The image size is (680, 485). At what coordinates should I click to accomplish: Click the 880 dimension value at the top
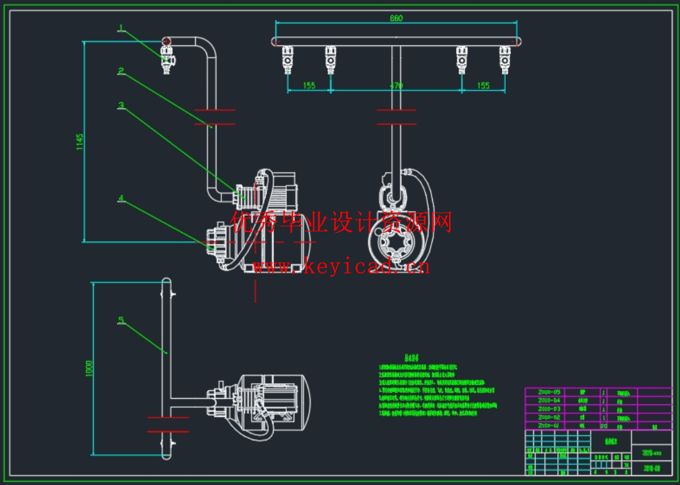coord(396,18)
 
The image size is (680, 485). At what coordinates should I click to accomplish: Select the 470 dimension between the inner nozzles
coord(396,86)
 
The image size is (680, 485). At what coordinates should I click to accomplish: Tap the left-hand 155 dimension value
coord(309,86)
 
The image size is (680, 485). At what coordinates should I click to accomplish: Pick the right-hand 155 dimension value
coord(483,86)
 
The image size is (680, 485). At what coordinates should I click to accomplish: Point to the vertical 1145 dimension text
coord(79,142)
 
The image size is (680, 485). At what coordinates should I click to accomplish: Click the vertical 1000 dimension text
coord(89,368)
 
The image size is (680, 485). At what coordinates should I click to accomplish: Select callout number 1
coord(121,28)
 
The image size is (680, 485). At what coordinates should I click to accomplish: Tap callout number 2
coord(121,71)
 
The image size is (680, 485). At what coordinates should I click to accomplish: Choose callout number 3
coord(121,106)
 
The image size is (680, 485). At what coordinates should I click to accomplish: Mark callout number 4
coord(121,198)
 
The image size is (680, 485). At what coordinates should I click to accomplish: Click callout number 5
coord(121,320)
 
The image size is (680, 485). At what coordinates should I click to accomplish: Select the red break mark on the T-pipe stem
coord(396,117)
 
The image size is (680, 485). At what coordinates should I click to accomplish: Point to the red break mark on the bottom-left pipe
coord(167,424)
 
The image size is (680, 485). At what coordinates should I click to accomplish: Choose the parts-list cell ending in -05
coord(549,392)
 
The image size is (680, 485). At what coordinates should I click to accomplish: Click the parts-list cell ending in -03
coord(549,409)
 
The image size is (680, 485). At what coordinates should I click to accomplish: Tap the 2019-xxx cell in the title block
coord(651,452)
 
